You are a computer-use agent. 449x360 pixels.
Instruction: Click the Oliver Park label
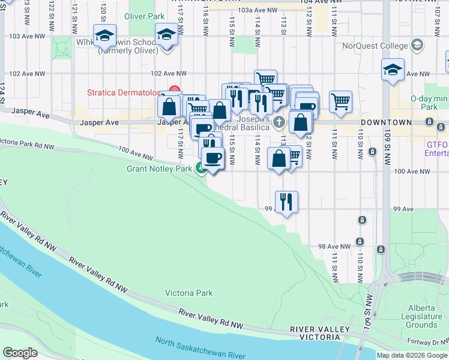(143, 17)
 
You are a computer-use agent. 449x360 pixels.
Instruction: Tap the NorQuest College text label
(374, 46)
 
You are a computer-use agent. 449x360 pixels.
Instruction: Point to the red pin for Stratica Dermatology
(174, 91)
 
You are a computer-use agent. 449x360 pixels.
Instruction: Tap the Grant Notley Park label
(158, 169)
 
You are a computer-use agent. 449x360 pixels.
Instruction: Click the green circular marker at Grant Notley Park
(201, 169)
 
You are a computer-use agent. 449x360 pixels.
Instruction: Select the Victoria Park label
(188, 293)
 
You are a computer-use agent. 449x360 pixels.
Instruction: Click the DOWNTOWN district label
(386, 122)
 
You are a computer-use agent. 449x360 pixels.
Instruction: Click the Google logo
(20, 353)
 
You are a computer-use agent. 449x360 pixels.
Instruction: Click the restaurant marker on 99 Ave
(286, 202)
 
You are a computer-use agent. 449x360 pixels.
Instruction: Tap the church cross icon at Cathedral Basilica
(278, 122)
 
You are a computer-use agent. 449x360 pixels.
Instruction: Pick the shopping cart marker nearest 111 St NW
(340, 102)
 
